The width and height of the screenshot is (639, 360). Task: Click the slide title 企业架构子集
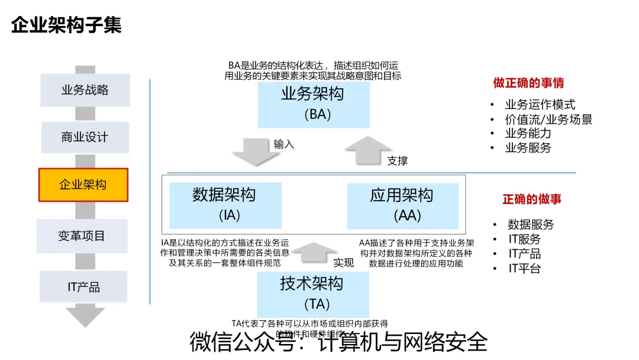coord(66,25)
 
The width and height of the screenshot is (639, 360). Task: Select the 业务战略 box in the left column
coord(85,90)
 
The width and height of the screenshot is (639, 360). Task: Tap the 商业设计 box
coord(85,137)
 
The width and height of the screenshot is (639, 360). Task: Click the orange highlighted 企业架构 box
coord(83,185)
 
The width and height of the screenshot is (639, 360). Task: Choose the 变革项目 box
coord(82,236)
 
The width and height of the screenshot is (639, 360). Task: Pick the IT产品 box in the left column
coord(83,287)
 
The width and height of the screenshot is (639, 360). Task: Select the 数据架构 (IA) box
coord(224,205)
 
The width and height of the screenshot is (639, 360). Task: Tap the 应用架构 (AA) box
coord(402,205)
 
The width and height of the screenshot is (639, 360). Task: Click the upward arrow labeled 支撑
coord(369,151)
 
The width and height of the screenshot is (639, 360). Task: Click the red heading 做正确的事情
coord(528,83)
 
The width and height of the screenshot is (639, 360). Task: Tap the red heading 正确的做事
coord(532,200)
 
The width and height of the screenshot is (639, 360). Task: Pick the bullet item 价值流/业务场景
coord(548,119)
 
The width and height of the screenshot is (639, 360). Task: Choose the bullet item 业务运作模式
coord(540,105)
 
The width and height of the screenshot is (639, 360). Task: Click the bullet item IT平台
coord(525,268)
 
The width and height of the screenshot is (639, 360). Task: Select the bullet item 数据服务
coord(531,225)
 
